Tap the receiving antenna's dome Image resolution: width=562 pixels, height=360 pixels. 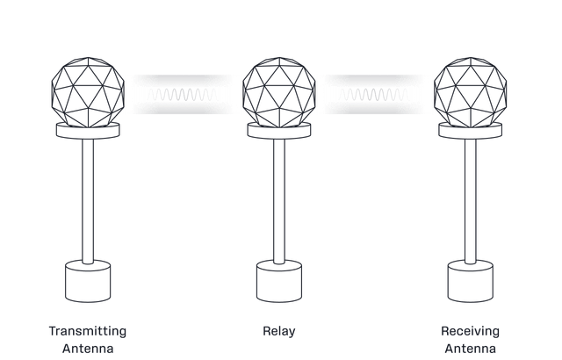(x=472, y=90)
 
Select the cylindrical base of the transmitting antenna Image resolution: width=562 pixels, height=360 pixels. (x=88, y=281)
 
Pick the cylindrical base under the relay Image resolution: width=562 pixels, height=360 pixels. (x=278, y=281)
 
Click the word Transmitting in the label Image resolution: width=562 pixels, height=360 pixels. (x=88, y=331)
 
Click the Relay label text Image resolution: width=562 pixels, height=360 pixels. (x=278, y=331)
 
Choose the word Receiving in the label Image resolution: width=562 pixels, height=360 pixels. (x=471, y=331)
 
